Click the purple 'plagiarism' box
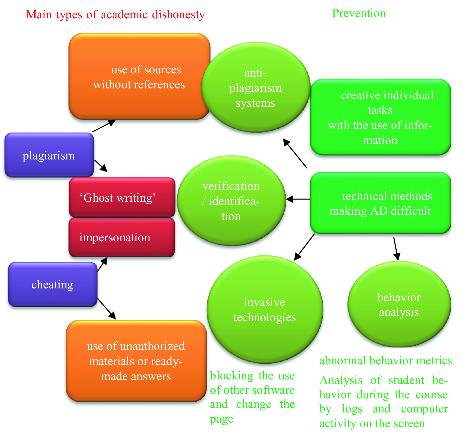(x=49, y=155)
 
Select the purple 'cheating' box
(x=52, y=284)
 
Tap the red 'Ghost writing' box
(x=122, y=197)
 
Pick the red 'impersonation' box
(x=122, y=237)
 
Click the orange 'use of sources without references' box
(x=139, y=77)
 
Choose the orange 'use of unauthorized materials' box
(x=136, y=361)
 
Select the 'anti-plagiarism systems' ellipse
(x=256, y=88)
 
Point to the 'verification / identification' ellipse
(x=231, y=201)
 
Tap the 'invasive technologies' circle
(x=265, y=310)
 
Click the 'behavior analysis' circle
(x=399, y=304)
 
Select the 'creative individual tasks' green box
(x=380, y=117)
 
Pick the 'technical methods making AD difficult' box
(x=380, y=203)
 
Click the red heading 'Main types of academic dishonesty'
(x=115, y=14)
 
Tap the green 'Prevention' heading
(x=359, y=13)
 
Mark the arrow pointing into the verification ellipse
(x=297, y=199)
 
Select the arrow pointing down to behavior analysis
(x=396, y=249)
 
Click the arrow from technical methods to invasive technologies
(x=304, y=247)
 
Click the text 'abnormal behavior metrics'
(x=385, y=361)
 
